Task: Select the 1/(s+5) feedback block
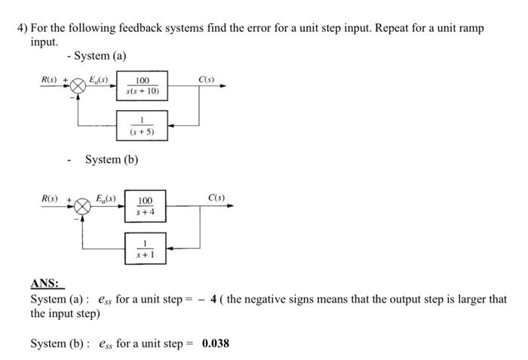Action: pyautogui.click(x=142, y=122)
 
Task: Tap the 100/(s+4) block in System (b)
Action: pyautogui.click(x=144, y=206)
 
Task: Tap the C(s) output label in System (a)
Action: pyautogui.click(x=206, y=79)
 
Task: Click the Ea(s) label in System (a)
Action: pyautogui.click(x=98, y=78)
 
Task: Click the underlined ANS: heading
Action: pyautogui.click(x=47, y=284)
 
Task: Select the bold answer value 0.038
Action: pyautogui.click(x=215, y=343)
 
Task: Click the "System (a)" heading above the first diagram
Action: pyautogui.click(x=100, y=56)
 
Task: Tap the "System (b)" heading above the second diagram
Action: pyautogui.click(x=112, y=159)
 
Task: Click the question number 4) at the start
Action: pyautogui.click(x=23, y=28)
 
